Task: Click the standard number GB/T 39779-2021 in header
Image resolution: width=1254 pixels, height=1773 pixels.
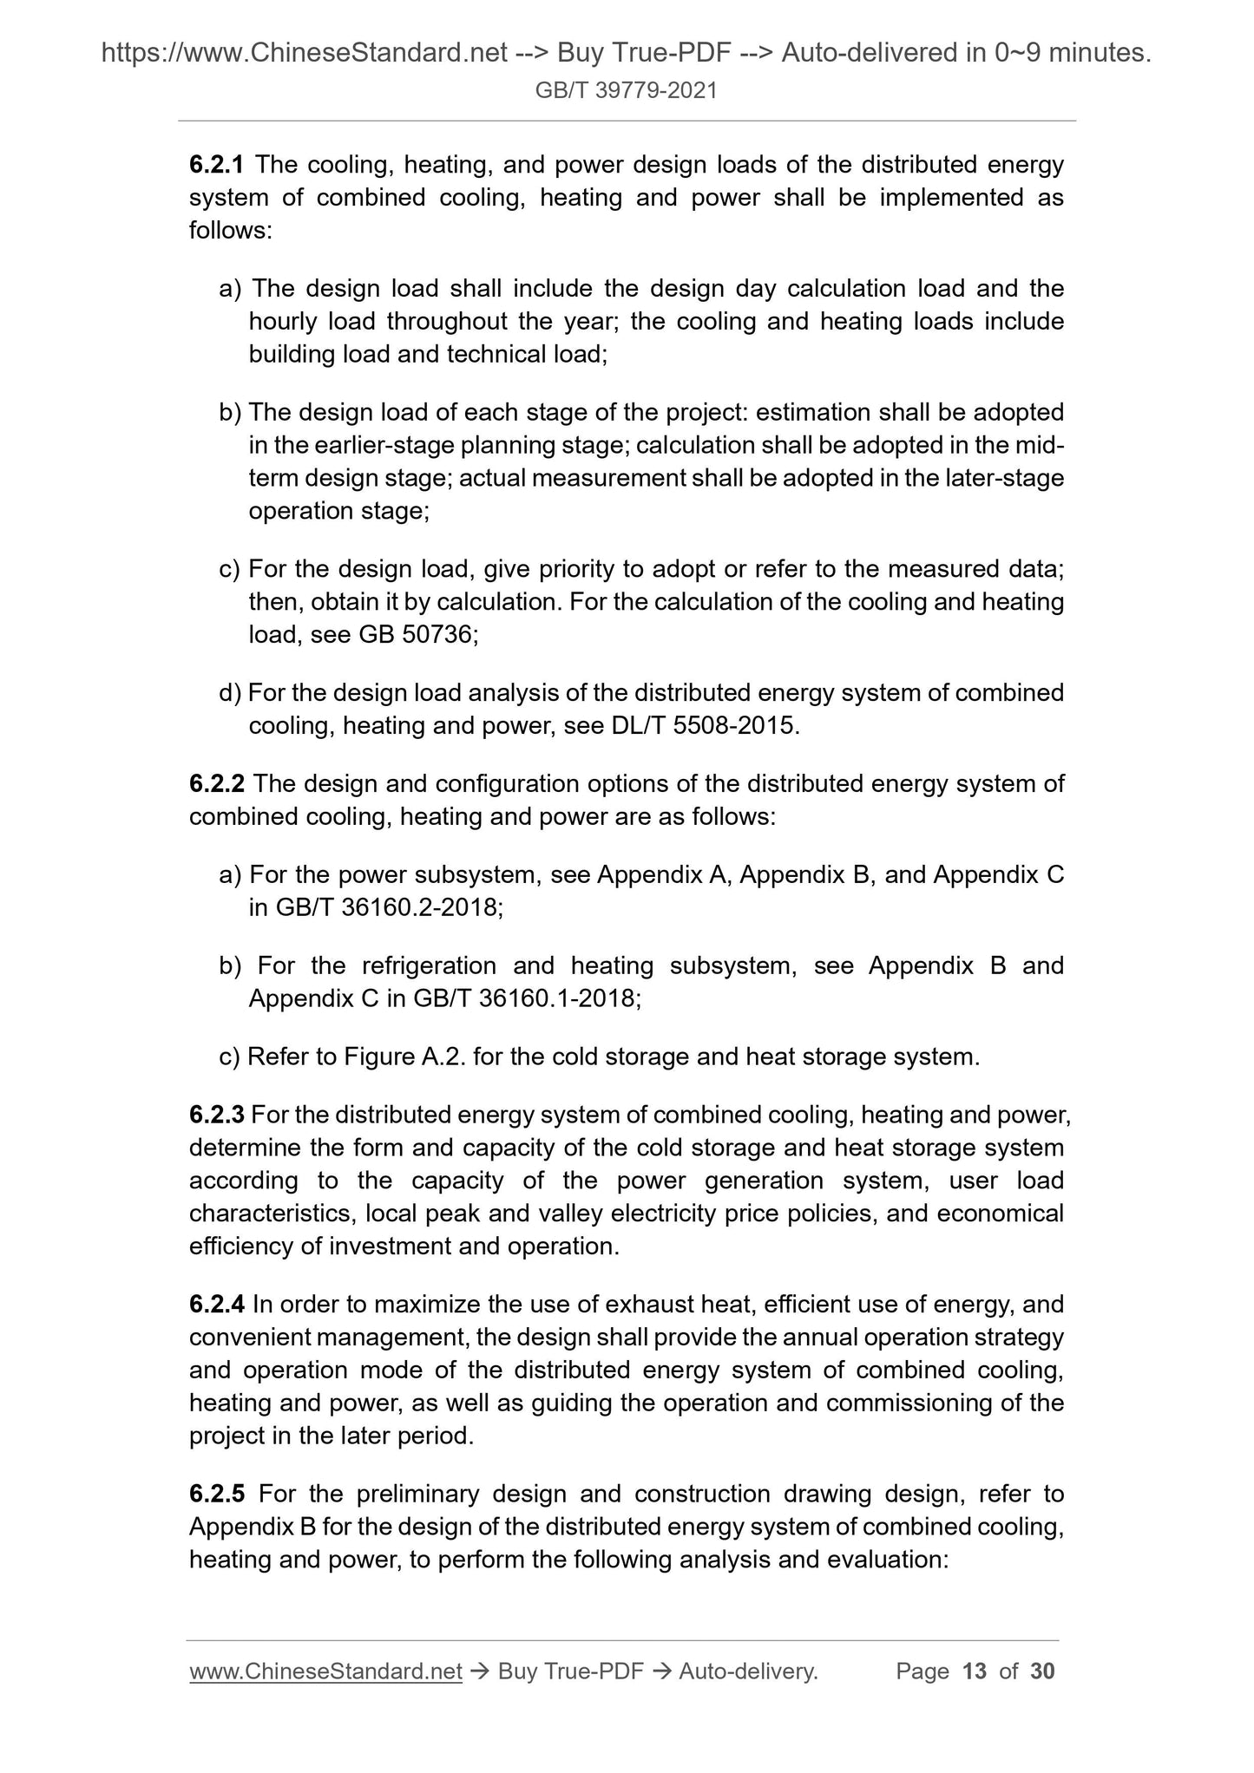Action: pos(626,90)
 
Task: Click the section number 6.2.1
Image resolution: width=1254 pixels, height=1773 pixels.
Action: pos(217,164)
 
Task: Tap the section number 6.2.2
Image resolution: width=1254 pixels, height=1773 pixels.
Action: pos(217,783)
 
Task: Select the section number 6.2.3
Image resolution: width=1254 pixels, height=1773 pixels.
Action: pos(217,1114)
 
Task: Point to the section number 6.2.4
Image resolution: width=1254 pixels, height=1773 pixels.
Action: pos(217,1304)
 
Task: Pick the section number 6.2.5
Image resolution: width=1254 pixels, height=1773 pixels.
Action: pos(217,1494)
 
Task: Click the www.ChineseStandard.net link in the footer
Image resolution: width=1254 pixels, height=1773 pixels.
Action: pos(325,1671)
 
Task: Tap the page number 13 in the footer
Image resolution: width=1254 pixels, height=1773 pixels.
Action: pos(975,1671)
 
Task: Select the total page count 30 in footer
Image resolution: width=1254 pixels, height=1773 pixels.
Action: pos(1042,1671)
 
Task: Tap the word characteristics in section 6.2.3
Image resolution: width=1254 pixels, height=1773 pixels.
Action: pos(269,1213)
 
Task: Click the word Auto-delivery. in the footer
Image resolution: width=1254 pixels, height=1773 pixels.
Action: pos(749,1671)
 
